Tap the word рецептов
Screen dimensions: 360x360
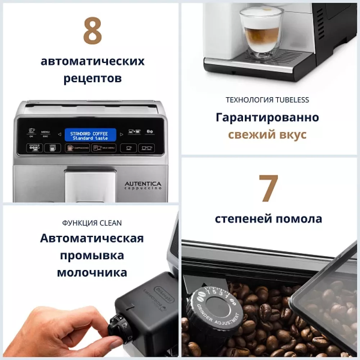point(93,78)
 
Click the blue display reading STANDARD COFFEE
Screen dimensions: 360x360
point(90,135)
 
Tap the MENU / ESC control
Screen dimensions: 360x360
point(45,134)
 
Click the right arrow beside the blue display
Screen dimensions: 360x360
point(121,135)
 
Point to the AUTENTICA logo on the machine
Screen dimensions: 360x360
point(143,184)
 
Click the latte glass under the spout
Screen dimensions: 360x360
point(261,32)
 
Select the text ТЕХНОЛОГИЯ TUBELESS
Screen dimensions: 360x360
point(267,100)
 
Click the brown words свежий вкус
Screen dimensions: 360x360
point(267,134)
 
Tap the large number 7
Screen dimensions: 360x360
point(269,189)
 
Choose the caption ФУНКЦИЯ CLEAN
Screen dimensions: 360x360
point(92,223)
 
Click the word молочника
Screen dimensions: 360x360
point(92,273)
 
